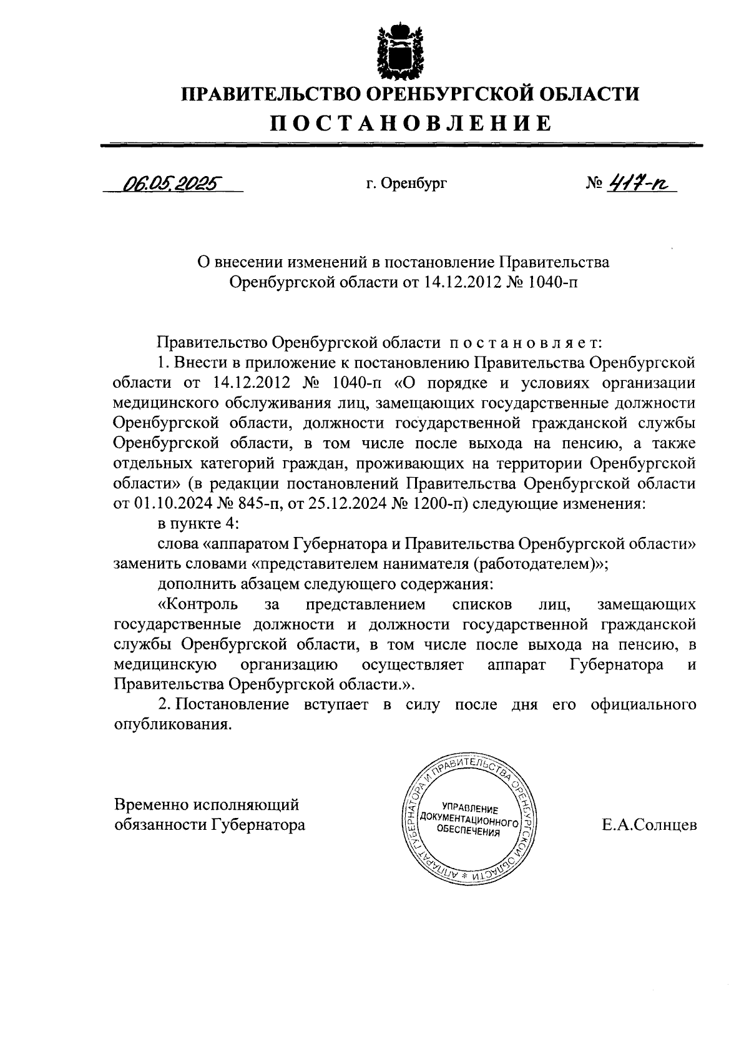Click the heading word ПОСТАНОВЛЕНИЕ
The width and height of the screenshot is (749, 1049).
[410, 122]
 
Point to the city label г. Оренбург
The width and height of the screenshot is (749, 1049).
[406, 184]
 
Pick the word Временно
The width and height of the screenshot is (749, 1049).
[150, 805]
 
